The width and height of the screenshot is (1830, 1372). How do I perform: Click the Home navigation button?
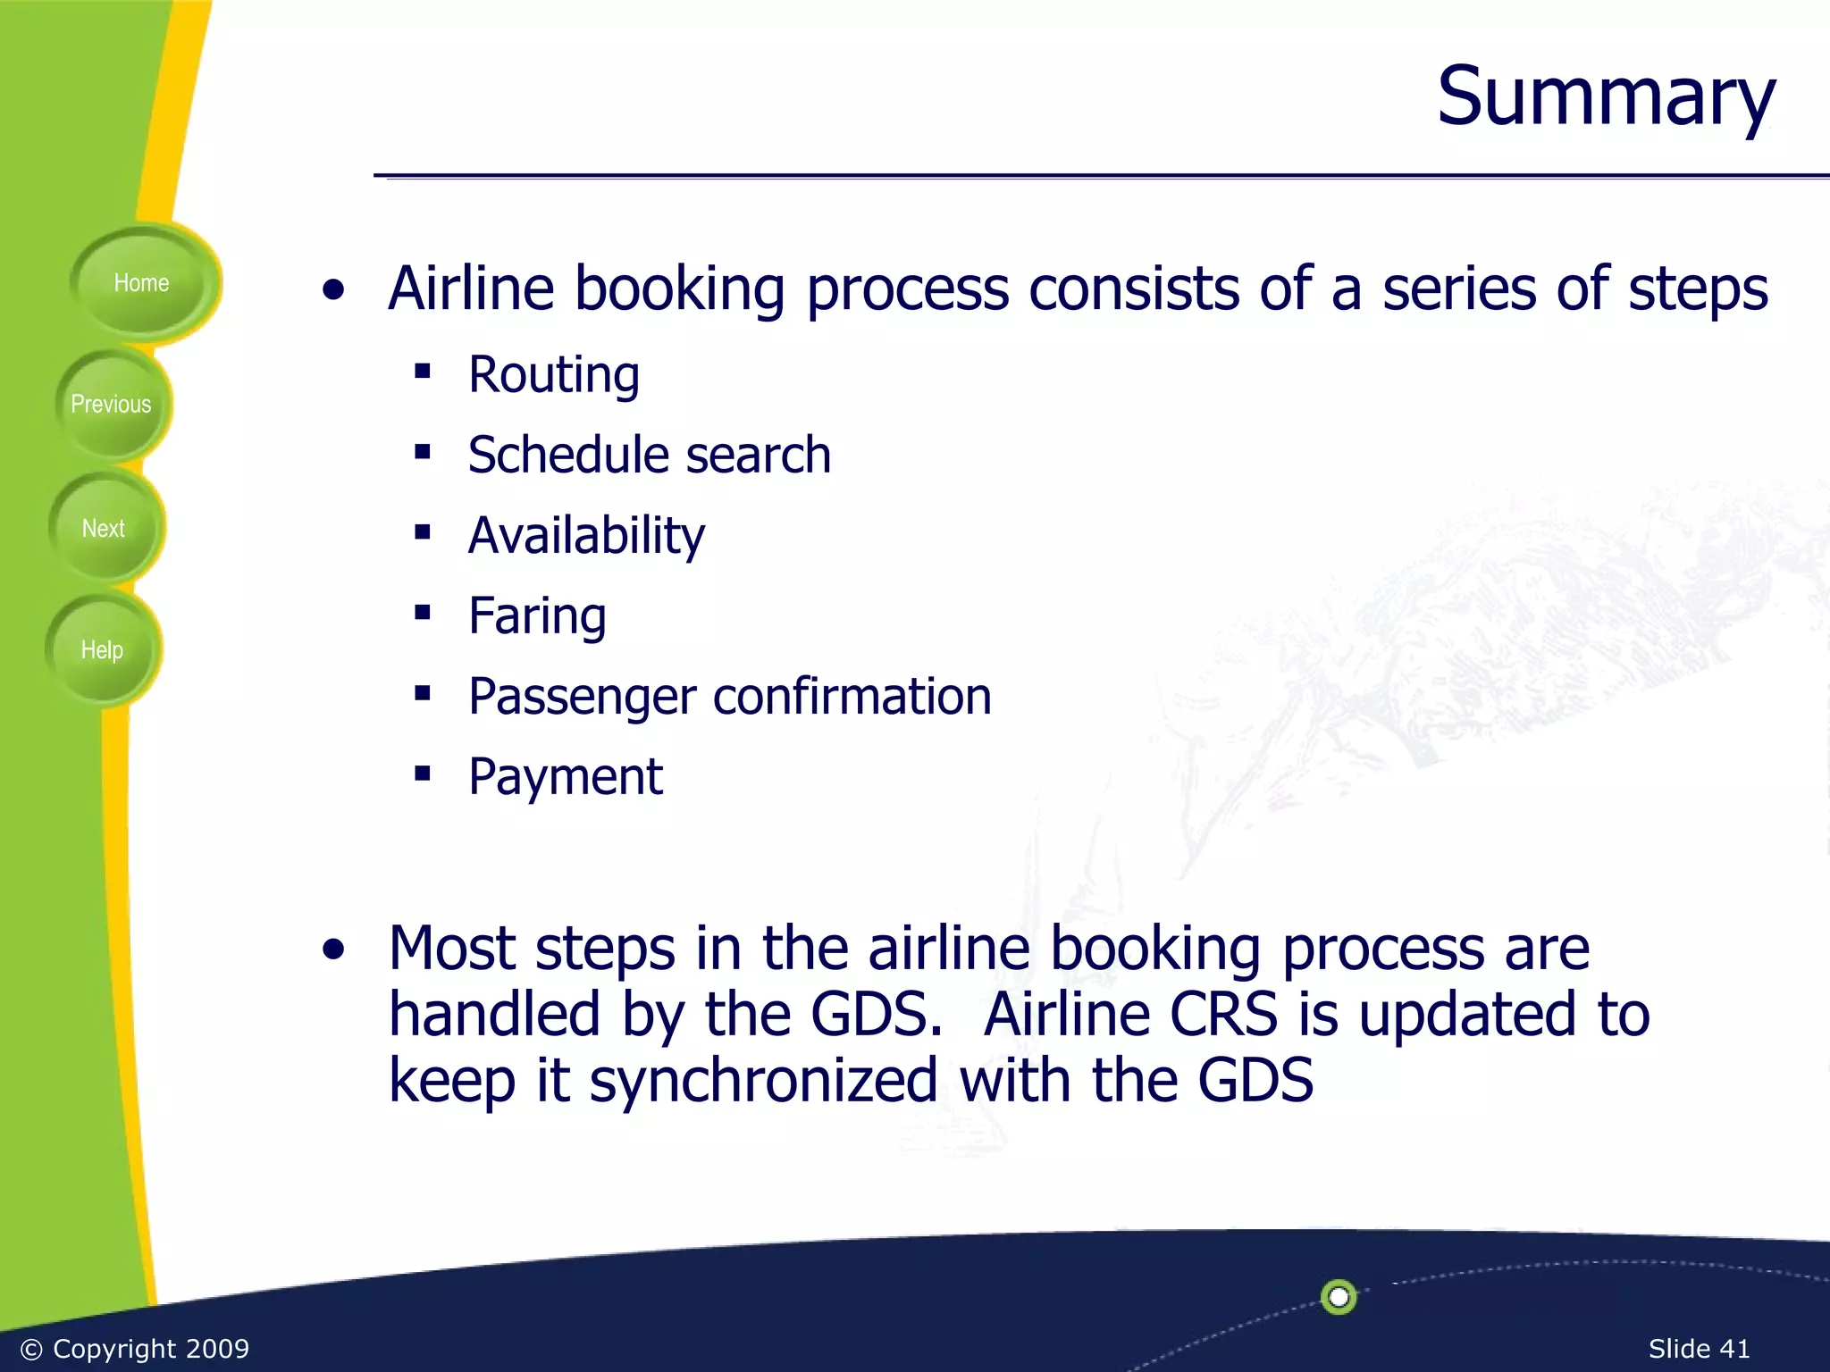point(141,283)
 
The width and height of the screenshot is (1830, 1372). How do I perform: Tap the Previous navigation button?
point(111,405)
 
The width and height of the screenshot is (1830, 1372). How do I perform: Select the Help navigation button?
point(102,650)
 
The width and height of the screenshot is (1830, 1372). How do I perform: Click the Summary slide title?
point(1605,96)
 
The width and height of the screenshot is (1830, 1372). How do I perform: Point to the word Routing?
point(554,374)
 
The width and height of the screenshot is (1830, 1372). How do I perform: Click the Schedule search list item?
point(650,455)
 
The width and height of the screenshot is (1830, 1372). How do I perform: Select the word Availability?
point(586,535)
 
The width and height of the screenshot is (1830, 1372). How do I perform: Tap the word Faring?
point(537,615)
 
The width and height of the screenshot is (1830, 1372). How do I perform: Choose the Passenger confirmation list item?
point(730,696)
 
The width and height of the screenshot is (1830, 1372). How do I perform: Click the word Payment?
point(566,776)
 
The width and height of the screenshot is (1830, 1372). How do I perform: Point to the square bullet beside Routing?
point(423,371)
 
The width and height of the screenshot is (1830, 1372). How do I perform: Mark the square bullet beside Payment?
point(423,773)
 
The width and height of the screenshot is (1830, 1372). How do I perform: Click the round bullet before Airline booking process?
point(333,290)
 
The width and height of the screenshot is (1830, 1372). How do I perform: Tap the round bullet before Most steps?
point(333,950)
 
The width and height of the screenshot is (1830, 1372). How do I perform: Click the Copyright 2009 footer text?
point(135,1349)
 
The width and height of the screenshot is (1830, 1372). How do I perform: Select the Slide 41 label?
point(1699,1349)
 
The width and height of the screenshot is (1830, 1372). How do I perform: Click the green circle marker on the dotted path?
point(1339,1296)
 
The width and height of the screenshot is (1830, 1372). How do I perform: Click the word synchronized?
point(764,1081)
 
